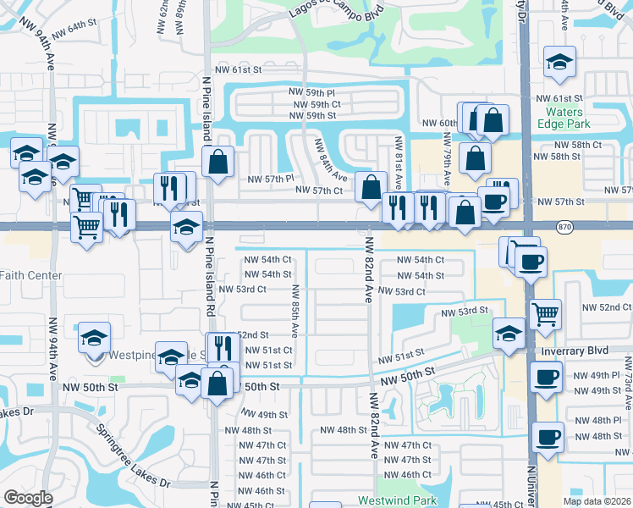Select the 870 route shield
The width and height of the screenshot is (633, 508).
click(566, 226)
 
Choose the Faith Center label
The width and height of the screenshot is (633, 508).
click(30, 275)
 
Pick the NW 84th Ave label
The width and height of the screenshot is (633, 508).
click(330, 160)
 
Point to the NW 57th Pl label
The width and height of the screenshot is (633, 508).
click(270, 179)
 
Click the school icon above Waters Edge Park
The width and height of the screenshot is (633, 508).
click(559, 63)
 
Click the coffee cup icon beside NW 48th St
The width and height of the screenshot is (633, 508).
click(548, 437)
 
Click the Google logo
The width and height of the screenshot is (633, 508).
click(27, 498)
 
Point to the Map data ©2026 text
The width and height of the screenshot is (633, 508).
click(597, 501)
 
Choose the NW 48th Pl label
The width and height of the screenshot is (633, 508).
click(596, 421)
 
